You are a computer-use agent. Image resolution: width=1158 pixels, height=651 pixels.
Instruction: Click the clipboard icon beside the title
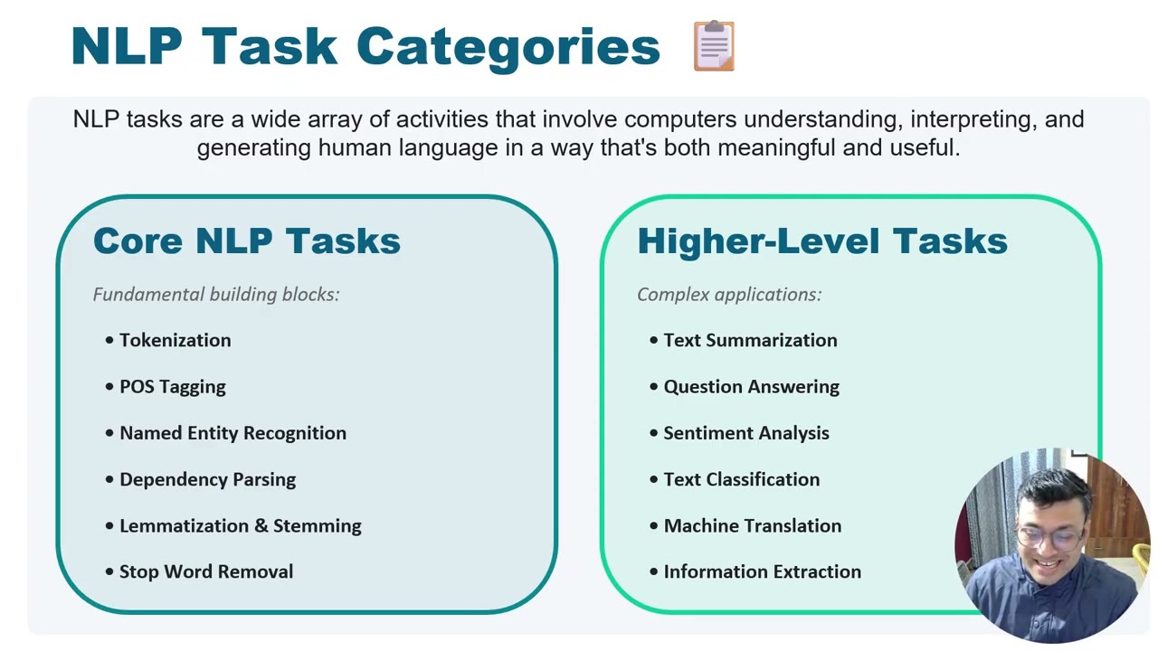[x=714, y=46]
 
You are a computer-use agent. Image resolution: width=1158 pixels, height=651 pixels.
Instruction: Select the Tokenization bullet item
[x=175, y=340]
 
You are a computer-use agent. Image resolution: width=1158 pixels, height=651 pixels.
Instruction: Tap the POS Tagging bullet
[x=172, y=386]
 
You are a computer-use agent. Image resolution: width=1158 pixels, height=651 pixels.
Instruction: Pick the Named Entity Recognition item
[x=233, y=433]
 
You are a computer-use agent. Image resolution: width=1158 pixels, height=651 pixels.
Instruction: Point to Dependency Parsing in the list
[x=207, y=479]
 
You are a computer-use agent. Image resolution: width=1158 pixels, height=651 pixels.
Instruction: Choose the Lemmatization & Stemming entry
[x=240, y=525]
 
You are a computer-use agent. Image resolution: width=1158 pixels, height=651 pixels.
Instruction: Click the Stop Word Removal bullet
[x=206, y=571]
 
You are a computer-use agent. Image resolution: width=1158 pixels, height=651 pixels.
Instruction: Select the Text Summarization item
[x=750, y=340]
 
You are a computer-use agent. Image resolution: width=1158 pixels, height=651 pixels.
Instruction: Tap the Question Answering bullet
[x=751, y=386]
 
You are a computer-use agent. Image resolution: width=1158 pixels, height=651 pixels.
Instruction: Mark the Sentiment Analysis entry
[x=745, y=433]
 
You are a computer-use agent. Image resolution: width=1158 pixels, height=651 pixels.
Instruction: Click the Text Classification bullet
[x=741, y=479]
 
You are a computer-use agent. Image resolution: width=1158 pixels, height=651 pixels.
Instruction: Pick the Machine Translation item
[x=752, y=525]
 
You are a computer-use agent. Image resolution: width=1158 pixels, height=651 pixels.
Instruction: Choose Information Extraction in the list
[x=762, y=571]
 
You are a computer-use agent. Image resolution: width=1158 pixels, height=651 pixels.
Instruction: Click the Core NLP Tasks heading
[x=246, y=241]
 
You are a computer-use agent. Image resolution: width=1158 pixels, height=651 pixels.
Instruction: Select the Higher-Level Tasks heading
[x=821, y=241]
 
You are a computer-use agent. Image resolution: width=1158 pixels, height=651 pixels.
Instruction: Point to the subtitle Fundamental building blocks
[x=216, y=294]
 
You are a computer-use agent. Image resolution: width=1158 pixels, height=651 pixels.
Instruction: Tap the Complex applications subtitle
[x=729, y=294]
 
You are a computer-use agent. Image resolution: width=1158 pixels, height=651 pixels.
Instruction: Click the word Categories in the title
[x=508, y=47]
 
